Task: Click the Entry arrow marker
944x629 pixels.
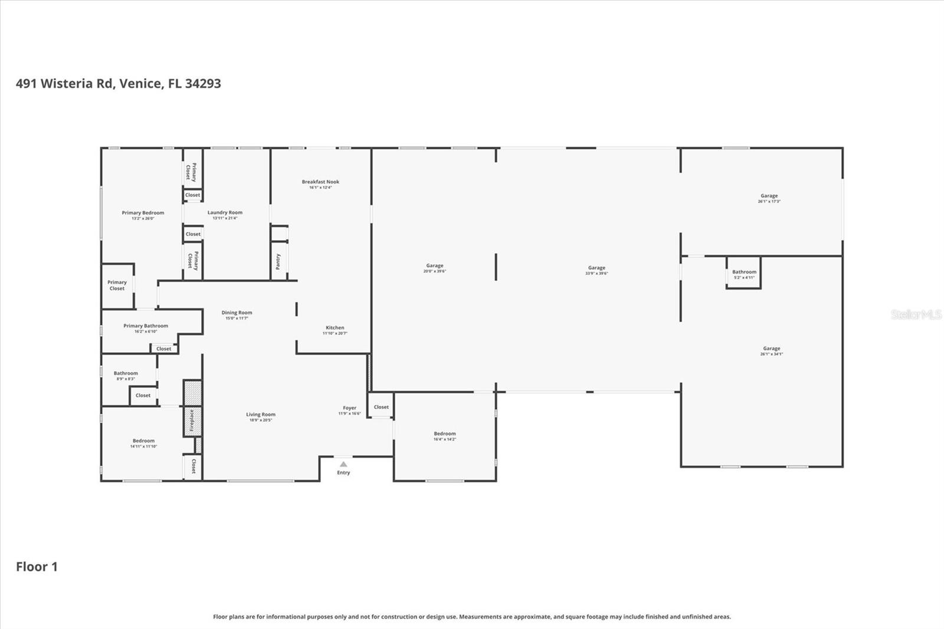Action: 343,464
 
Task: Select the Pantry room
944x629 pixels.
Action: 278,261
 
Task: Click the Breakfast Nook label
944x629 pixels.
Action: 320,182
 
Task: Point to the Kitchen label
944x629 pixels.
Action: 335,327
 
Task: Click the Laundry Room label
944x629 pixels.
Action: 225,212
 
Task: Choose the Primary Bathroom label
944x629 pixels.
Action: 146,326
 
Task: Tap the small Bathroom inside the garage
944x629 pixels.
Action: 744,273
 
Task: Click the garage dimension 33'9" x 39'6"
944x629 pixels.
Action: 596,274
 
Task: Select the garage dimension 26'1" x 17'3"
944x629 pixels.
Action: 769,202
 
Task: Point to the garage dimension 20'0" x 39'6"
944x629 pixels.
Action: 435,271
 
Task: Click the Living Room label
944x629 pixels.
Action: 261,414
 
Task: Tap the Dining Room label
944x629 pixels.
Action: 237,313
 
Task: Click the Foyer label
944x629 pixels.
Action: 349,408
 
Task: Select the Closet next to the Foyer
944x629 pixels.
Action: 381,407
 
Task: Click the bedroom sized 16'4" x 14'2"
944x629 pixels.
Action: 445,436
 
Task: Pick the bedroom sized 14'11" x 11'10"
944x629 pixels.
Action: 143,443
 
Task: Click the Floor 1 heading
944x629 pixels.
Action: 37,566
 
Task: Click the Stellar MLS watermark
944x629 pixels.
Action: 916,314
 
